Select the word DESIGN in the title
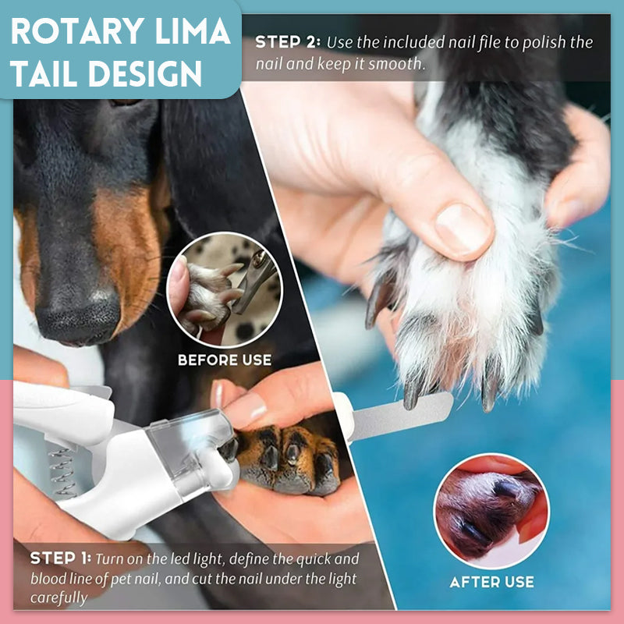145,73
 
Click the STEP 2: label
288,42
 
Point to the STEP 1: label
61,558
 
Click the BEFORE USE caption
225,360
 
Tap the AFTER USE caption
492,582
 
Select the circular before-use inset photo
225,290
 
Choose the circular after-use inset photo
491,512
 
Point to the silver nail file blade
401,417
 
